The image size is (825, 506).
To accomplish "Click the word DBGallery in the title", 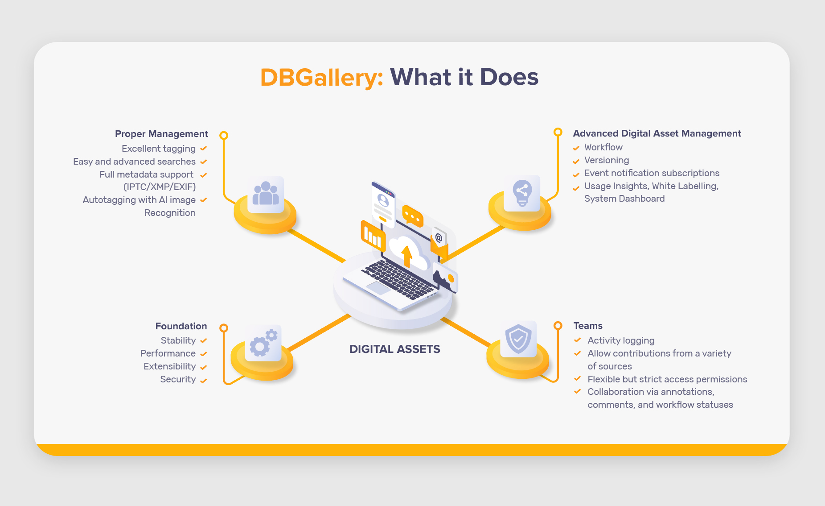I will point(321,78).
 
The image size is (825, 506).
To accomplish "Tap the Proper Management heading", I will point(161,134).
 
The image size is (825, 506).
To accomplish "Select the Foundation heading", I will point(181,326).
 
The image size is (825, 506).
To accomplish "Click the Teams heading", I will point(588,326).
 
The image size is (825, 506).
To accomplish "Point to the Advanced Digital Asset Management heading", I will point(657,133).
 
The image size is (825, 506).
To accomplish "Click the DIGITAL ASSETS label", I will point(394,349).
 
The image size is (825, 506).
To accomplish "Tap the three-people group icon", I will point(266,194).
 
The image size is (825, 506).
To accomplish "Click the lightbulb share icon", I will point(522,193).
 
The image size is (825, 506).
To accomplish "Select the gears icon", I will point(263,343).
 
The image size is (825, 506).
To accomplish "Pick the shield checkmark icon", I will point(518,339).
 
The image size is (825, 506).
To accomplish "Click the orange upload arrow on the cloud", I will point(406,256).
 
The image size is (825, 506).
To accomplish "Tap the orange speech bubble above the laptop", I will point(413,216).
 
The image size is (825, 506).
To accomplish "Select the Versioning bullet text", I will point(607,160).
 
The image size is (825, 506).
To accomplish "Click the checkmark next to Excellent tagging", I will point(204,149).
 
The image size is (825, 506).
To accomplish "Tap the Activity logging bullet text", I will point(621,340).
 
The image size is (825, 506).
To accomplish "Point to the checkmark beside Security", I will point(204,381).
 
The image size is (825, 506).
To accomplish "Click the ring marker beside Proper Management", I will point(224,135).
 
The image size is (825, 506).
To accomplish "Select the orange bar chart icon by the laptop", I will point(373,235).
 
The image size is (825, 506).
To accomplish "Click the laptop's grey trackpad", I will point(378,288).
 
